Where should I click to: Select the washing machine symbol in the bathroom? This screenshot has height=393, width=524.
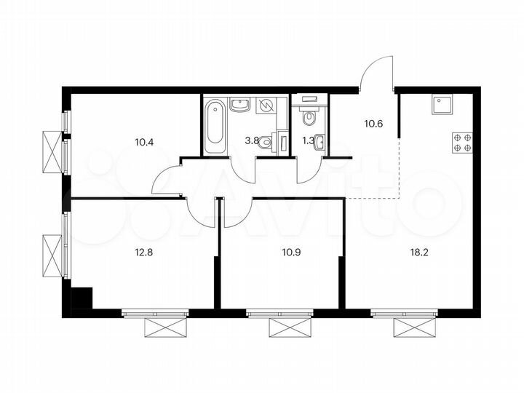[266, 106]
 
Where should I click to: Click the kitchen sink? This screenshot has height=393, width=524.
[442, 106]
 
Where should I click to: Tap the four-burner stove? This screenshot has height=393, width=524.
[461, 142]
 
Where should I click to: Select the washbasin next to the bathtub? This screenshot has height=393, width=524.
[240, 105]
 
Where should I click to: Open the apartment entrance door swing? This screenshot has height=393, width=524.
[377, 73]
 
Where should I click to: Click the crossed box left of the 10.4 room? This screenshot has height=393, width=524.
[52, 151]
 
